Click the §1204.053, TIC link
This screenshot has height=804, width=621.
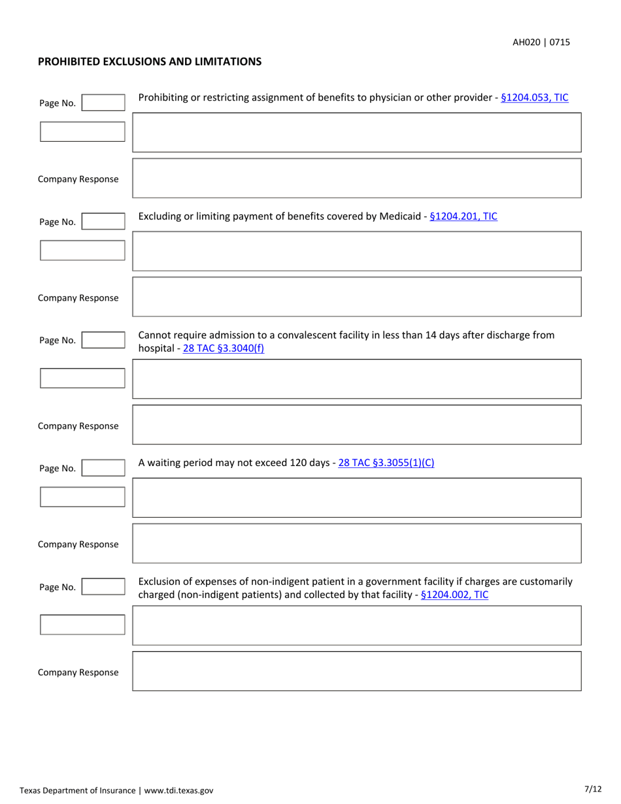(x=534, y=98)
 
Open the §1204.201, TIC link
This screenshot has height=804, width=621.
(x=463, y=216)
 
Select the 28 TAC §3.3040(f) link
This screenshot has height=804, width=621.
(x=224, y=348)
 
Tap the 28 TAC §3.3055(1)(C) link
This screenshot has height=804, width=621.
(x=386, y=463)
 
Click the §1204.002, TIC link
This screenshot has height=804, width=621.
(x=454, y=595)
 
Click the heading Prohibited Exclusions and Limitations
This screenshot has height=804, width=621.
(x=150, y=61)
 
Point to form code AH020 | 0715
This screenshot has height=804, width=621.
(x=541, y=42)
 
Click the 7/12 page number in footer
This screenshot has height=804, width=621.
(x=592, y=789)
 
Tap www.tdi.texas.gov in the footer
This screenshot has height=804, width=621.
(x=178, y=790)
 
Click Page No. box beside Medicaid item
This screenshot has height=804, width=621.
(x=103, y=222)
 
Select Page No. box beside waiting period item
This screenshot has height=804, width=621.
(x=103, y=468)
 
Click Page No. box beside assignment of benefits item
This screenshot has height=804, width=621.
(x=103, y=103)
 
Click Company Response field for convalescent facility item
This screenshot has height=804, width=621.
(x=356, y=425)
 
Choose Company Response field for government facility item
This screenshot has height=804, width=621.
(x=356, y=671)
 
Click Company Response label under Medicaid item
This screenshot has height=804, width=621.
(x=78, y=298)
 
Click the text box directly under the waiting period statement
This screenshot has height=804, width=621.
(x=356, y=497)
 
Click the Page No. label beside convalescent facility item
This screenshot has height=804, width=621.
(x=58, y=340)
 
